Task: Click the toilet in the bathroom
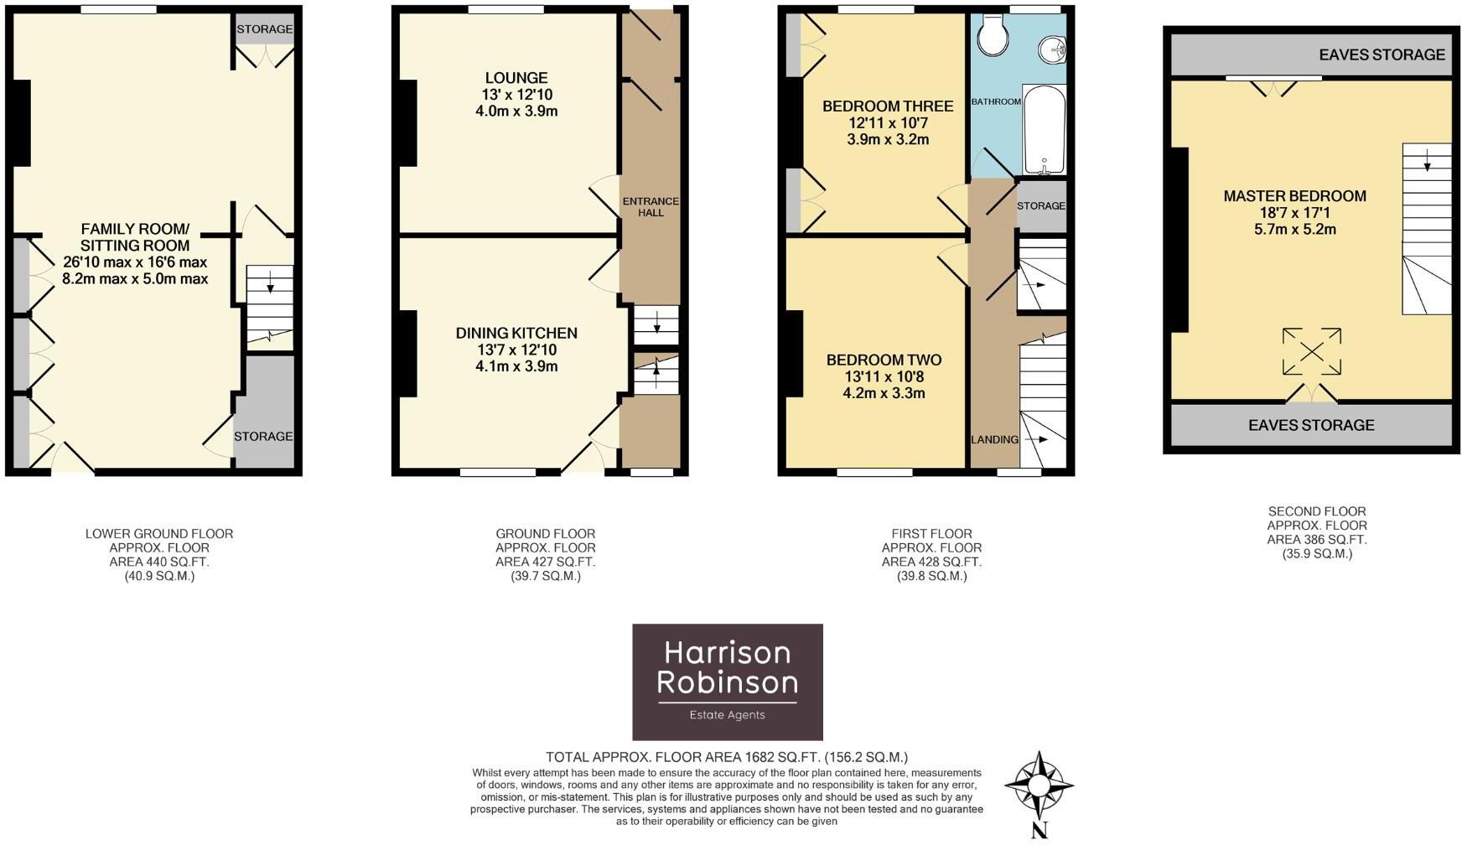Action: pos(994,36)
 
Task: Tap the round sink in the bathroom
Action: pos(1051,49)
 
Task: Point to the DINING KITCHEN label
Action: pos(516,333)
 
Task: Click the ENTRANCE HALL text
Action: pos(650,206)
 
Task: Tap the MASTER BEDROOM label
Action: pos(1294,196)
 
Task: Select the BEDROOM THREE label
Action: pos(888,106)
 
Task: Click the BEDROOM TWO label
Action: pos(884,360)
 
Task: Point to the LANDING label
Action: pos(994,439)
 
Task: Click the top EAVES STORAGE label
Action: pos(1382,54)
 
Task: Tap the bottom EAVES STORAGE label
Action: pos(1311,425)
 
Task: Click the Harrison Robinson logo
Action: pos(727,681)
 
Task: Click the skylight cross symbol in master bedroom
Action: pos(1311,351)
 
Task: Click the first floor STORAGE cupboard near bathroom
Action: pos(1041,205)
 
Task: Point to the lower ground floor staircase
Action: pos(269,307)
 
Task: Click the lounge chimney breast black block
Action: pos(407,123)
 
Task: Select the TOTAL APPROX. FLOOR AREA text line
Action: pos(726,757)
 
